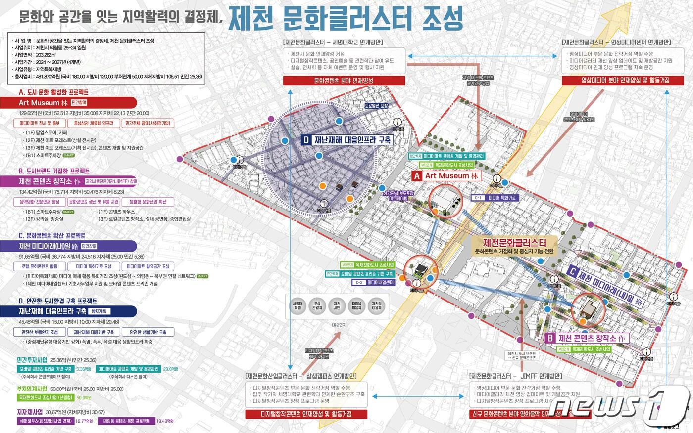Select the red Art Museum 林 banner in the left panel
point(74,103)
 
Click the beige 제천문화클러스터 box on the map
point(514,246)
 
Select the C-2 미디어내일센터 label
point(374,283)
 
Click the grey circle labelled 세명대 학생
point(297,305)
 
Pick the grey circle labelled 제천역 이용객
point(377,305)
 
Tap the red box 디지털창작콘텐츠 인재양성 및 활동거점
point(305,414)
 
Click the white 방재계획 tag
point(100,311)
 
